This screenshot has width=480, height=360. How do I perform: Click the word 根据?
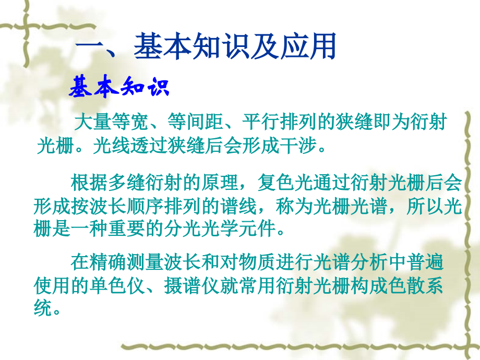pos(89,184)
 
